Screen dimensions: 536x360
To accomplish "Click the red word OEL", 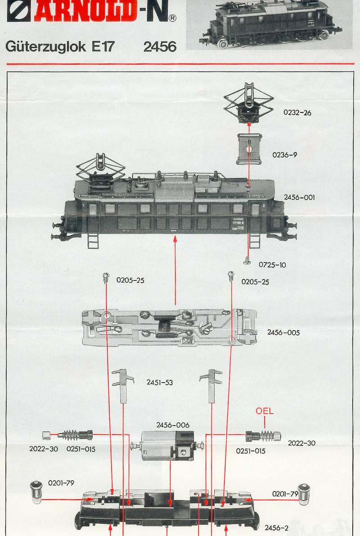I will click(x=265, y=411).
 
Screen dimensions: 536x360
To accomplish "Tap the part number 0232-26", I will click(x=297, y=113).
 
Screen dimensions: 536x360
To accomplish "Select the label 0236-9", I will click(x=284, y=155).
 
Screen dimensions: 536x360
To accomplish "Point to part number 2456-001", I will click(x=299, y=197).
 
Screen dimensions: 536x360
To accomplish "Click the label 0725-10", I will click(x=272, y=265).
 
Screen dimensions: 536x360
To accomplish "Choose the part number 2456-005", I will click(x=283, y=333).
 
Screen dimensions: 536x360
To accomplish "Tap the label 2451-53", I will click(x=160, y=383).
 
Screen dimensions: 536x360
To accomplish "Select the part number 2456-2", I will click(x=277, y=527).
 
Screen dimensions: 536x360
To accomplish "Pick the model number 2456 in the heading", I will click(x=160, y=47).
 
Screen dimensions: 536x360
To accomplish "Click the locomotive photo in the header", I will click(x=269, y=25).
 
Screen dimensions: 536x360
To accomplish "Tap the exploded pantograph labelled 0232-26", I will click(x=248, y=104).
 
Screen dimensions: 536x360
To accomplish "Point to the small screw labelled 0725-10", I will click(x=247, y=261).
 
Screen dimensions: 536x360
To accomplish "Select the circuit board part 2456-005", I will click(x=169, y=327).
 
